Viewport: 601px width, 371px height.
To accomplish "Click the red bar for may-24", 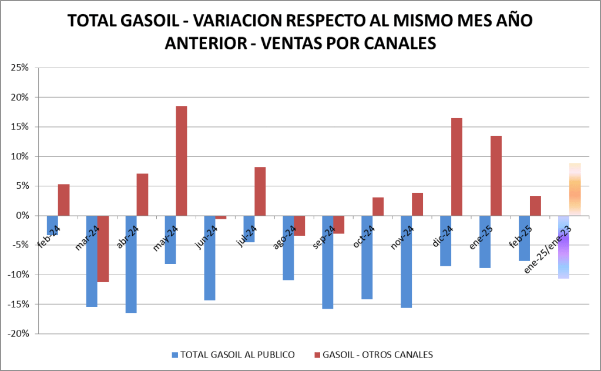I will (x=182, y=161).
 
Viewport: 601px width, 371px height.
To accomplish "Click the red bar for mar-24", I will (x=103, y=249).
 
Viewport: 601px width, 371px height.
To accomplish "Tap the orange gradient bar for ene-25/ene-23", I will (x=575, y=189).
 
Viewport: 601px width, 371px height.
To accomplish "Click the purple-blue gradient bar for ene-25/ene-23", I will (x=563, y=247).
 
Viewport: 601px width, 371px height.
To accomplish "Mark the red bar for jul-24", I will (x=260, y=191).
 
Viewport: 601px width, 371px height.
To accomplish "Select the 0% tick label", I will (x=22, y=216).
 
